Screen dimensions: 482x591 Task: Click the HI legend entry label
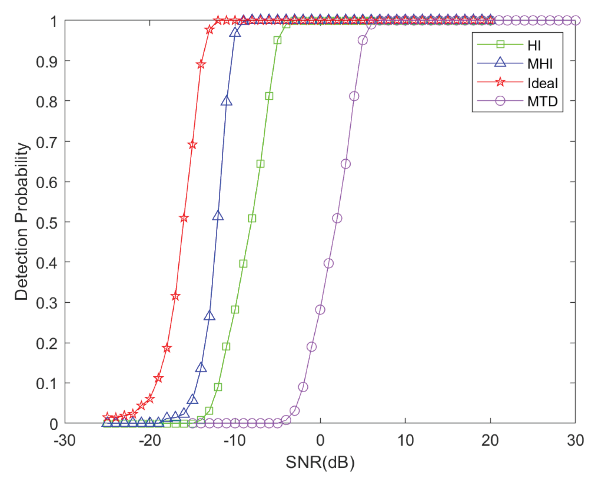tap(534, 45)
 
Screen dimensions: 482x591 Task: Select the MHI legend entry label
tap(540, 64)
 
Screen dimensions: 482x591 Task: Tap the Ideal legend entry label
tap(542, 83)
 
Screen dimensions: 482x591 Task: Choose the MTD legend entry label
tap(542, 101)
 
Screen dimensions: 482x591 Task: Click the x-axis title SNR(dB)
tap(320, 462)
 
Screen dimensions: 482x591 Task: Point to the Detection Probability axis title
tap(21, 222)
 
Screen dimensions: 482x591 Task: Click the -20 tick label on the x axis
tap(150, 440)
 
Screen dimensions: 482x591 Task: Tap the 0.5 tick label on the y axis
tap(46, 222)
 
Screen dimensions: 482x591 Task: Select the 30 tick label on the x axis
tap(575, 440)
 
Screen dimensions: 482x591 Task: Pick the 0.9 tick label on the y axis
tap(46, 61)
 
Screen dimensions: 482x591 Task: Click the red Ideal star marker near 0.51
tap(184, 218)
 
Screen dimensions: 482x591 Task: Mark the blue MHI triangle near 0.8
tap(226, 101)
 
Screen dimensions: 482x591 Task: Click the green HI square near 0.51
tap(252, 218)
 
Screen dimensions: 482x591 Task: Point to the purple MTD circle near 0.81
tap(354, 96)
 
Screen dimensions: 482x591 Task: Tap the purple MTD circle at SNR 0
tap(320, 310)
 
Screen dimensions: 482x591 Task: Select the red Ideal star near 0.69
tap(193, 145)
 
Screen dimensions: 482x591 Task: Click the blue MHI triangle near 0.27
tap(209, 316)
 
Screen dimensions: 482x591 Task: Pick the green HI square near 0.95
tap(278, 40)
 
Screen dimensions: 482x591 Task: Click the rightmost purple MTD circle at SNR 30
tap(576, 20)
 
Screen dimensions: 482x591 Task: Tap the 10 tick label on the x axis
tap(405, 440)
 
